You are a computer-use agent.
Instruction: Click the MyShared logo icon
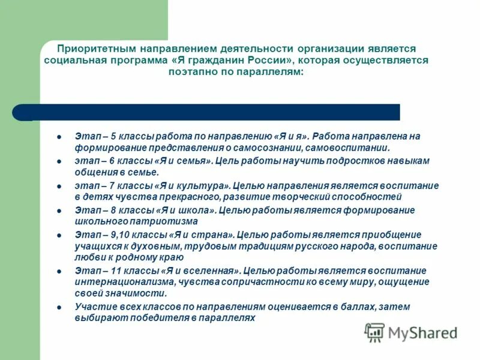pyautogui.click(x=374, y=332)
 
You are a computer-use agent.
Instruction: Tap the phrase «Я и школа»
pyautogui.click(x=185, y=210)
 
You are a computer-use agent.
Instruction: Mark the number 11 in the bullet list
pyautogui.click(x=115, y=270)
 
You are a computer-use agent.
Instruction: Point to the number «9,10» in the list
pyautogui.click(x=120, y=235)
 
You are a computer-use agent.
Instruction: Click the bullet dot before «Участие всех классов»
pyautogui.click(x=59, y=307)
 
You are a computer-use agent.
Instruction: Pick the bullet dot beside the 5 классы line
pyautogui.click(x=59, y=137)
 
